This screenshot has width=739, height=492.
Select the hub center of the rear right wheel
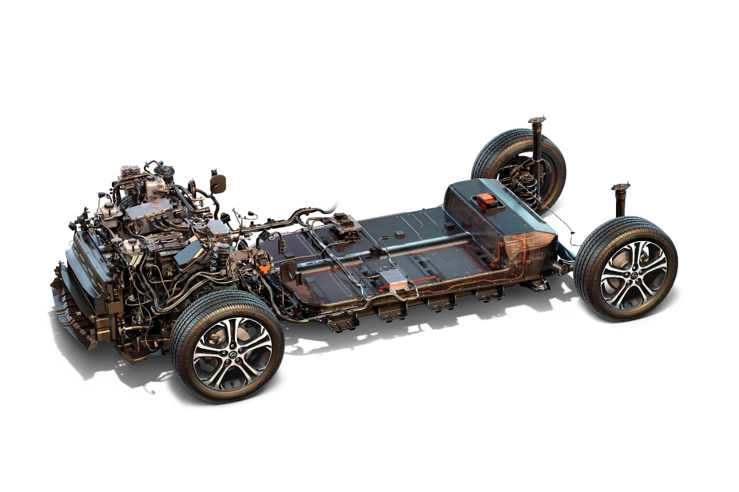coord(633,268)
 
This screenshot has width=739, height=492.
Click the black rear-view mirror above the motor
coord(218,183)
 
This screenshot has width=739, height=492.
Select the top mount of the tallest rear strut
coord(536,121)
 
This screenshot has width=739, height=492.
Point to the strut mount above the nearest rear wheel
coord(621,187)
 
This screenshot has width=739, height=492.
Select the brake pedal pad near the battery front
coord(288,271)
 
